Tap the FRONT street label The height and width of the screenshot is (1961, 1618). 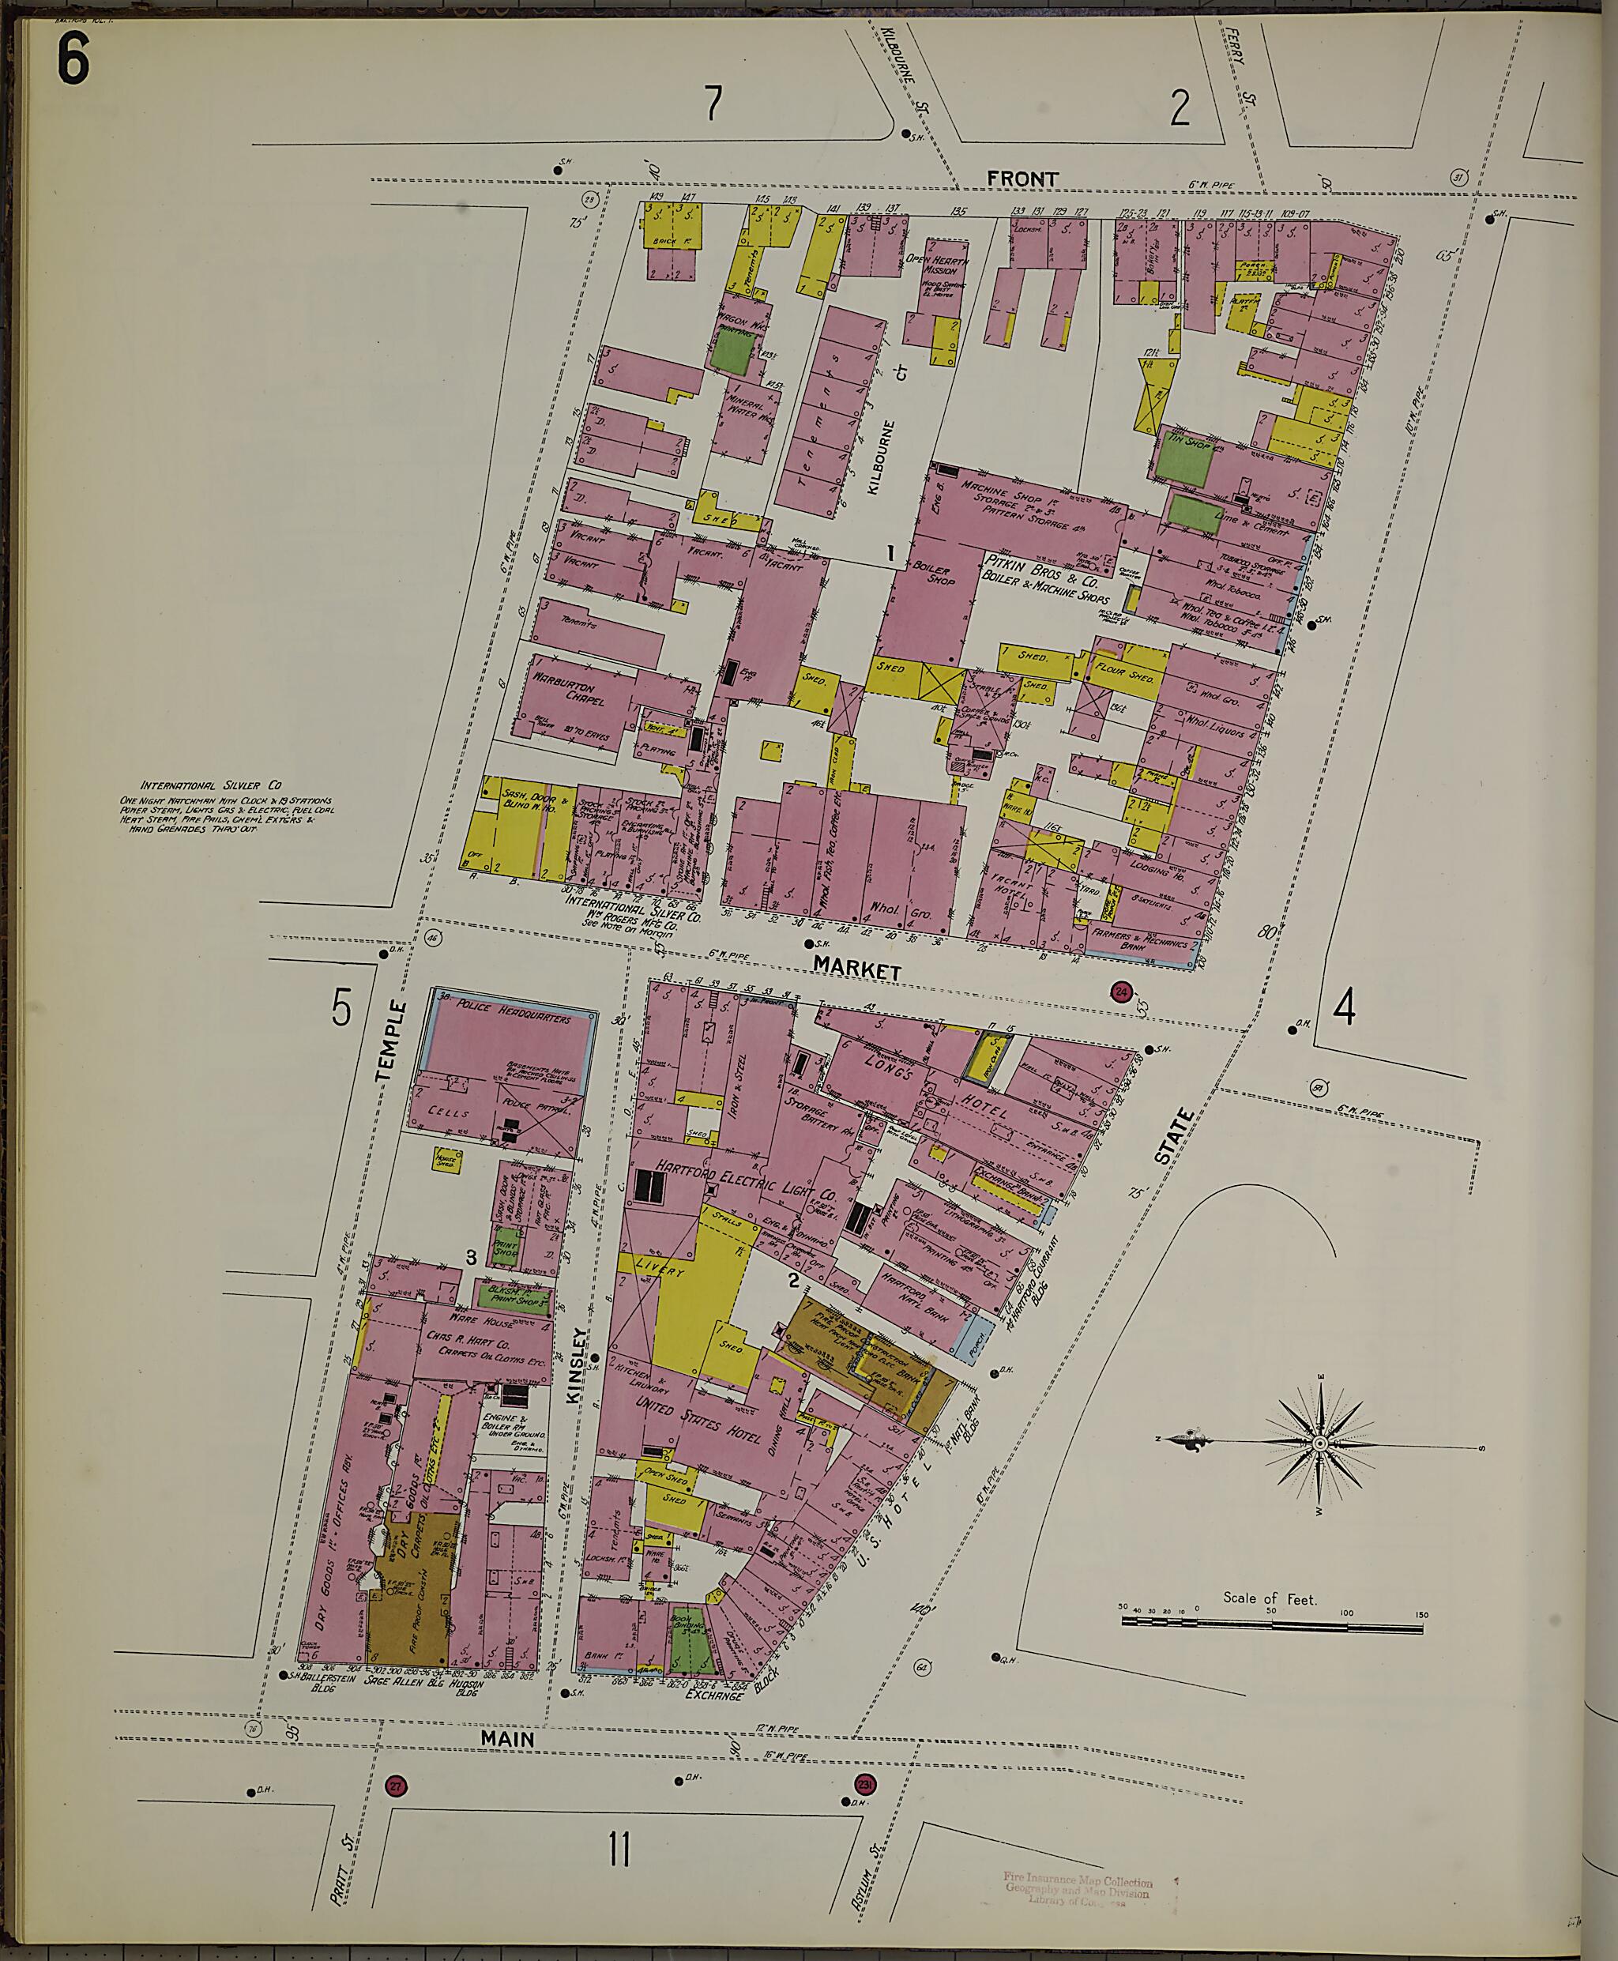tap(1022, 179)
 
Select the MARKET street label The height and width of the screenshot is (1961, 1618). tap(856, 969)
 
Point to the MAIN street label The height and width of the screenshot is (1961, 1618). tap(508, 1738)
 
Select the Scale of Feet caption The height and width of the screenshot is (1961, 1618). tap(1270, 1598)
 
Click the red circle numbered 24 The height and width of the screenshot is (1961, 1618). tap(1120, 992)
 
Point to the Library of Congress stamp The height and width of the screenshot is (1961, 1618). tap(1078, 1889)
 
